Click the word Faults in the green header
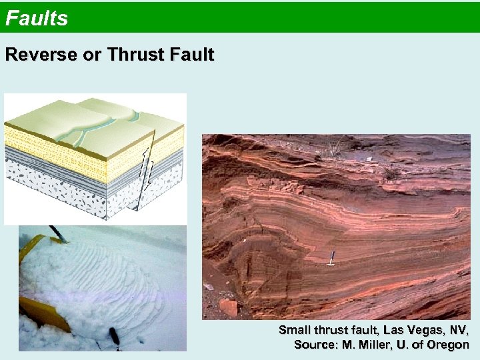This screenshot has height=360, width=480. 37,18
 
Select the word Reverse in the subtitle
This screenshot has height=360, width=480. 41,55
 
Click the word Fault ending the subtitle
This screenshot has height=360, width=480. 191,55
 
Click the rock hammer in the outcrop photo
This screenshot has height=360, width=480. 331,259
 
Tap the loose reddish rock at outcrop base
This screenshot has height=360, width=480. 228,307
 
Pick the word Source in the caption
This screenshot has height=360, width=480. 316,345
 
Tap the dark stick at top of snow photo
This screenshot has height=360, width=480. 56,233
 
